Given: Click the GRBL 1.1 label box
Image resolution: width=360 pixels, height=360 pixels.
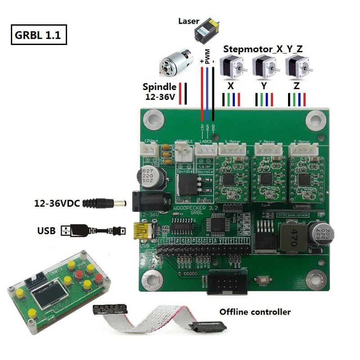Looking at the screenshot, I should (x=38, y=35).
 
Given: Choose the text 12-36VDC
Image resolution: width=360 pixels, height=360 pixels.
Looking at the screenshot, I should (x=57, y=203).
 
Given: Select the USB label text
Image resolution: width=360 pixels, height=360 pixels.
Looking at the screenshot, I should (x=46, y=231).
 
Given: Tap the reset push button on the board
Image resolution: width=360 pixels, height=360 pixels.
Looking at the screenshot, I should (x=261, y=281).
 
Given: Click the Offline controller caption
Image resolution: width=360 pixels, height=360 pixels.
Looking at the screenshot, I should (x=255, y=312).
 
